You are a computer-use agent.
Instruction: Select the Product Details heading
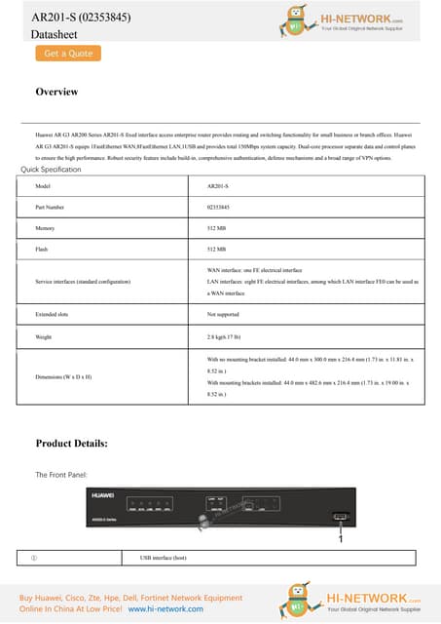tap(71, 444)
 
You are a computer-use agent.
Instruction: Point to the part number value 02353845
tap(220, 207)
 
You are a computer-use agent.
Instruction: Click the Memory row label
tap(44, 229)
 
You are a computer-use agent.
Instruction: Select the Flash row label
tap(41, 251)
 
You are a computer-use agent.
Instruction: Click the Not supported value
tap(225, 315)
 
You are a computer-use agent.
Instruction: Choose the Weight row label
tap(43, 337)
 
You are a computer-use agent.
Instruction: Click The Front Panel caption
tap(61, 474)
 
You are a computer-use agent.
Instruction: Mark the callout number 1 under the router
tap(340, 537)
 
